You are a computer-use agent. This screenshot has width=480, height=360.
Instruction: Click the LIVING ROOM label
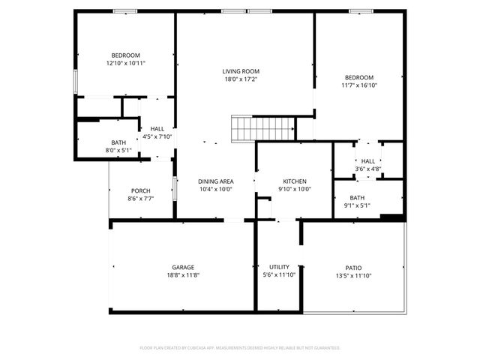(x=241, y=71)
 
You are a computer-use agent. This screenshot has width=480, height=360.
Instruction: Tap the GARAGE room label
(x=183, y=267)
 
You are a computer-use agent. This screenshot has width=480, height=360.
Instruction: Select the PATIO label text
(x=353, y=267)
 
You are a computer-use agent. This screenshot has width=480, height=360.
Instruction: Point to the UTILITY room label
(x=279, y=267)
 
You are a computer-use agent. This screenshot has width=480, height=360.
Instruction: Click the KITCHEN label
(x=294, y=181)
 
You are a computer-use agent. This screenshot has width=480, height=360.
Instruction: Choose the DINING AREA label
(x=215, y=181)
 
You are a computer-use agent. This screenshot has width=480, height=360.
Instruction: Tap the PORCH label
(x=140, y=190)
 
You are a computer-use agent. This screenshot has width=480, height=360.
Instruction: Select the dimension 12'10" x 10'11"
(x=126, y=64)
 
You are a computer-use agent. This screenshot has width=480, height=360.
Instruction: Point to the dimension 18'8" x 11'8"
(x=183, y=275)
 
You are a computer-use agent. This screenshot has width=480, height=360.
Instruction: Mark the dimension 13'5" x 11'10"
(x=353, y=275)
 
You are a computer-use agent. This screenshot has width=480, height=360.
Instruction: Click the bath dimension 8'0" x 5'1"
(x=118, y=150)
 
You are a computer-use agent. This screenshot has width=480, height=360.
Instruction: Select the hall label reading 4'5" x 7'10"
(x=157, y=136)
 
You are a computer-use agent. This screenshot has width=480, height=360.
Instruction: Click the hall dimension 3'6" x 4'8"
(x=367, y=169)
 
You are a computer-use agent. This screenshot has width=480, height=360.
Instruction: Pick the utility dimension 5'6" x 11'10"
(x=279, y=275)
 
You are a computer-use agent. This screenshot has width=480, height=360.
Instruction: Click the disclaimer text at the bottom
(x=240, y=348)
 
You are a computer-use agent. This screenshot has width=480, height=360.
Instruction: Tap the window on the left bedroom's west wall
(x=75, y=82)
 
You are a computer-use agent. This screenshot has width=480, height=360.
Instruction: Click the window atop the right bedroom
(x=361, y=11)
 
